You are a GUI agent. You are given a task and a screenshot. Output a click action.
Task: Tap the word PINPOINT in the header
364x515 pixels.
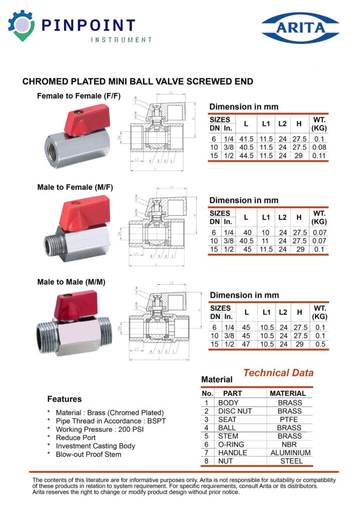88,26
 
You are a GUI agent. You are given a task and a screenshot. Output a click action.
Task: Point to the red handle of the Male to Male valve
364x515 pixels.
75,305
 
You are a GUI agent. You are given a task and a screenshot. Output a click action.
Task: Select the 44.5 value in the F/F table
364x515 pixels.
246,156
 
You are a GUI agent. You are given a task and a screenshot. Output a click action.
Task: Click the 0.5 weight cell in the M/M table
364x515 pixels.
320,345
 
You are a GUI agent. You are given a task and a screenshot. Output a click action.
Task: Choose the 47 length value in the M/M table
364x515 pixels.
246,345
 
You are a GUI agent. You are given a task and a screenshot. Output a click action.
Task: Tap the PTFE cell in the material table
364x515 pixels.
290,419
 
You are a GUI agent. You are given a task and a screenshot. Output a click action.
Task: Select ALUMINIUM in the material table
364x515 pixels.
290,453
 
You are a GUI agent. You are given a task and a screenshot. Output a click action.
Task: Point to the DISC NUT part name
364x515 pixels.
235,411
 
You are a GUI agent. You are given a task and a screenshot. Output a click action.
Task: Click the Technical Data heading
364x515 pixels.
278,373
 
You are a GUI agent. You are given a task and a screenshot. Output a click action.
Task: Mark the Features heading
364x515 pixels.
64,399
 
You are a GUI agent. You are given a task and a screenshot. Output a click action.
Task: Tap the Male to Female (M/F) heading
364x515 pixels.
75,188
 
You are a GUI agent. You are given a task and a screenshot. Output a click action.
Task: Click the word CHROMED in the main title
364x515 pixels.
45,81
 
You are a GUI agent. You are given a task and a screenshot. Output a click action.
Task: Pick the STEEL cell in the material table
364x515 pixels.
291,461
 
